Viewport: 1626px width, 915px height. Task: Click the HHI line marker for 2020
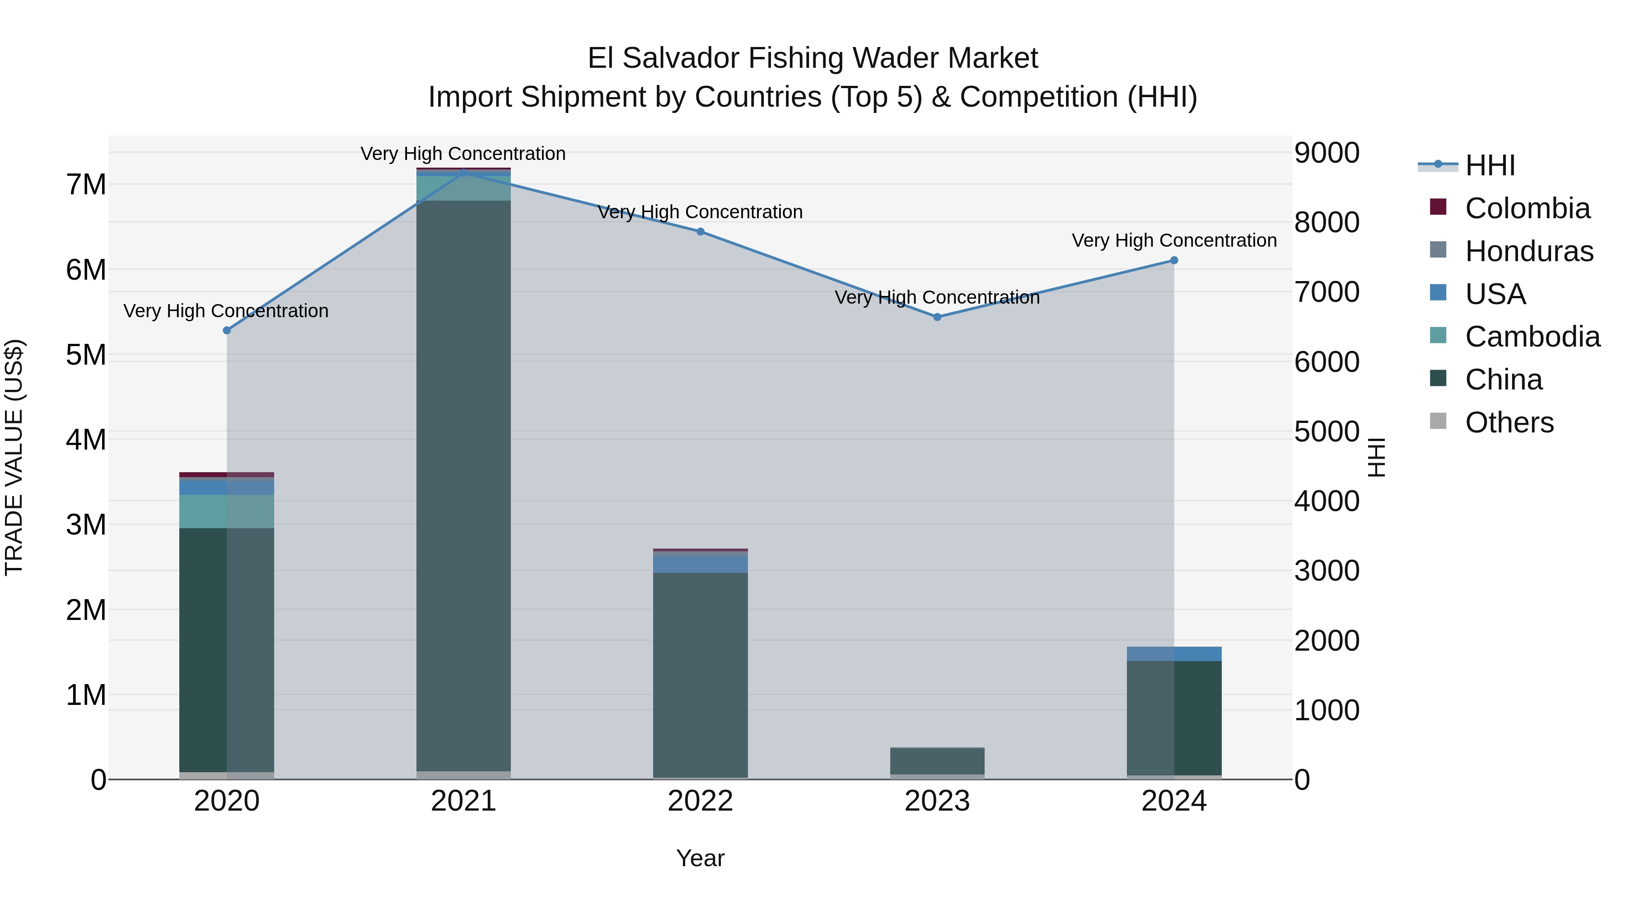[x=227, y=330]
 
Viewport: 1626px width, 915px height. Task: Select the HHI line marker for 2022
[x=700, y=232]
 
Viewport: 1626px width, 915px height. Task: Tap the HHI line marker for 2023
[x=937, y=317]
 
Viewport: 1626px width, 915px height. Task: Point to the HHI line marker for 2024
[x=1174, y=260]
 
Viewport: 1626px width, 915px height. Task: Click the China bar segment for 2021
[x=463, y=486]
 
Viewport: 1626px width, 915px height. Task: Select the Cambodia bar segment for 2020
[x=227, y=511]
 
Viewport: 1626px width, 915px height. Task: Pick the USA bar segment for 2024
[x=1174, y=653]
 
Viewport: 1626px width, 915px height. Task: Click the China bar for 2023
[x=937, y=761]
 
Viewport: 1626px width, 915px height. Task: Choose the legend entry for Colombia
[x=1527, y=208]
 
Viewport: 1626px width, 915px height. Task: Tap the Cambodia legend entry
[x=1532, y=337]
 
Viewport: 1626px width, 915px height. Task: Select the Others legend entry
[x=1509, y=422]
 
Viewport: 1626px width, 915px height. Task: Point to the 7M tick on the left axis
[x=86, y=185]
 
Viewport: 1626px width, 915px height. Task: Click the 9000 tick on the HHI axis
[x=1327, y=153]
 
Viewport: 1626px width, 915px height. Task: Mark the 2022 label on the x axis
[x=700, y=801]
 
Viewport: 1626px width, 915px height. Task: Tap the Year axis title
[x=700, y=858]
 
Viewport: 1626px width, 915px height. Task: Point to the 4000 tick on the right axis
[x=1327, y=502]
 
